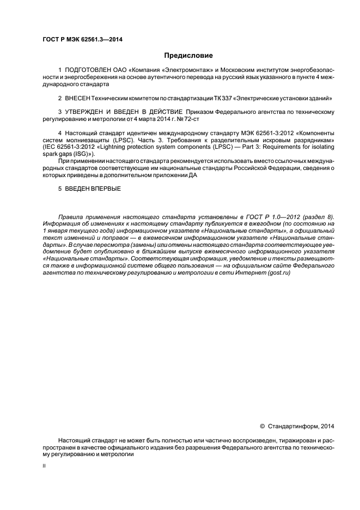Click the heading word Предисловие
[x=188, y=55]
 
